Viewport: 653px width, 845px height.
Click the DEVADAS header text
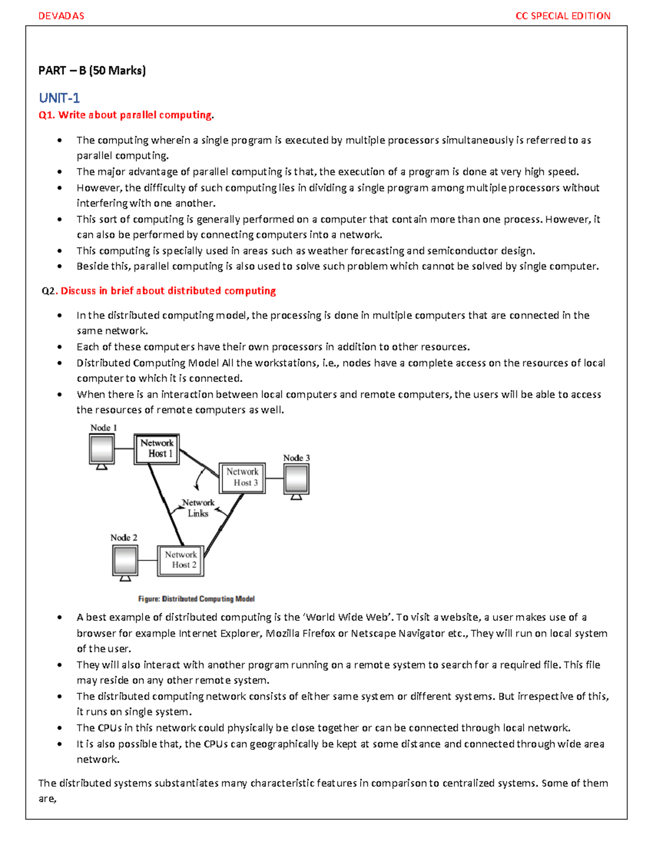point(61,16)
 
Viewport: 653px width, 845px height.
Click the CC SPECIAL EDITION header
point(563,16)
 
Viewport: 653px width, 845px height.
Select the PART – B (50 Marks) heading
point(92,70)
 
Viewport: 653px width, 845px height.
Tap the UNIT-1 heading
point(59,98)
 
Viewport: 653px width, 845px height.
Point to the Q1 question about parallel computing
point(126,115)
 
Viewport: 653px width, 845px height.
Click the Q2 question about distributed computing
point(159,291)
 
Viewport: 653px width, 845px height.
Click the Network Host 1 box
point(157,449)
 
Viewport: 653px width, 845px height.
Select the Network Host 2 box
point(181,560)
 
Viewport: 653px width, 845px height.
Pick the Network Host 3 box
point(242,478)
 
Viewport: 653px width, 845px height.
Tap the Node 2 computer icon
point(125,562)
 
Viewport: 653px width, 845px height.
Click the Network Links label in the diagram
point(198,508)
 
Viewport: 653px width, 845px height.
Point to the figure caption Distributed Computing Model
point(196,599)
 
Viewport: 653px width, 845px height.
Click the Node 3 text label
point(297,458)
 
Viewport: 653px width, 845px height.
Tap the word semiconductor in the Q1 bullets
point(466,251)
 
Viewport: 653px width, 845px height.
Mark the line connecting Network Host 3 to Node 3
point(274,478)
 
